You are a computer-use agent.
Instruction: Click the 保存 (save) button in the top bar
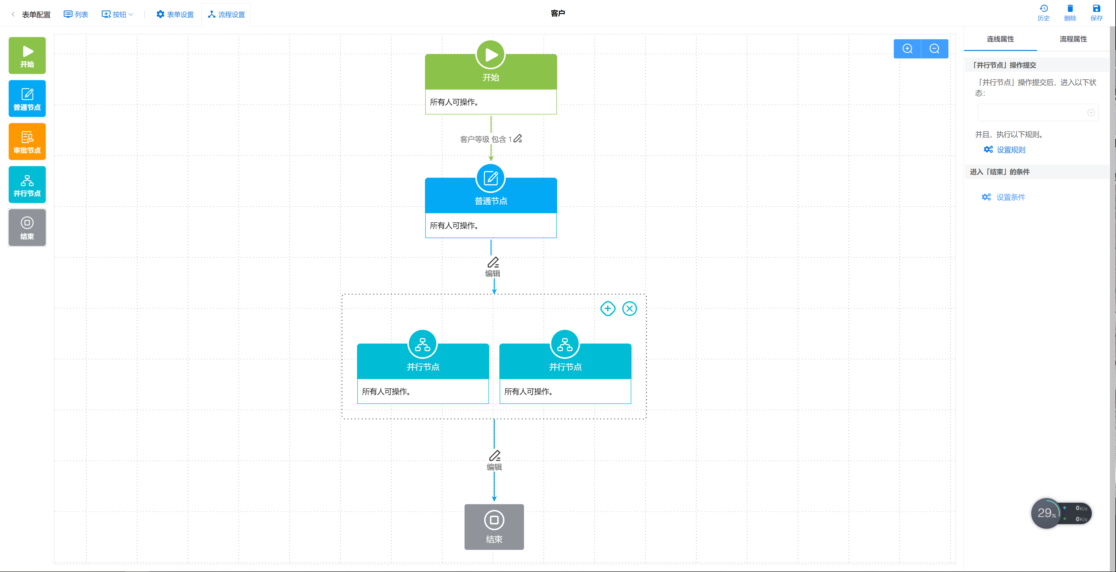tap(1097, 12)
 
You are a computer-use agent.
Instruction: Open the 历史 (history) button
tap(1044, 12)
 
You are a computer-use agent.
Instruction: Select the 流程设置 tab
tap(226, 14)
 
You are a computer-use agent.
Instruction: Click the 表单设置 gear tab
tap(175, 14)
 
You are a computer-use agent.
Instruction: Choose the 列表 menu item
tap(76, 14)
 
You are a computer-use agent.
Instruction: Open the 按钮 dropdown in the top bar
tap(117, 14)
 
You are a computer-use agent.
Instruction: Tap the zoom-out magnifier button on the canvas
tap(934, 49)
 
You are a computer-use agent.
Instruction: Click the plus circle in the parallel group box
tap(608, 309)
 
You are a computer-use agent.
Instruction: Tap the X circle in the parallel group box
tap(629, 309)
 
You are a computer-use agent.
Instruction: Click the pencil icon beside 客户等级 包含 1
tap(518, 139)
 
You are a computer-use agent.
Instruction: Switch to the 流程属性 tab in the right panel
tap(1073, 39)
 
